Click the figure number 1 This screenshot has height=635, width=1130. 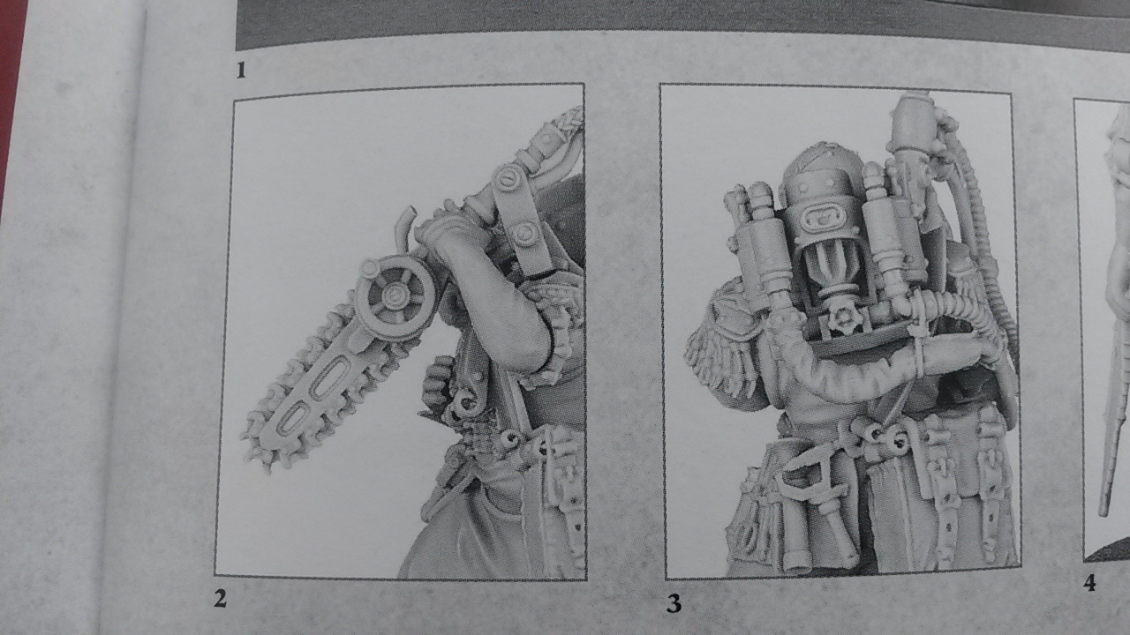[241, 70]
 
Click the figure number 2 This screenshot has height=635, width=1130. [220, 599]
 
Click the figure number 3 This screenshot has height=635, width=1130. [674, 603]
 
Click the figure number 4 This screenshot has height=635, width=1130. [1089, 583]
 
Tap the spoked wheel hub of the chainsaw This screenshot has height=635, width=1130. [394, 294]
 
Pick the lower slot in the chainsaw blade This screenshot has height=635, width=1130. [293, 418]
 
